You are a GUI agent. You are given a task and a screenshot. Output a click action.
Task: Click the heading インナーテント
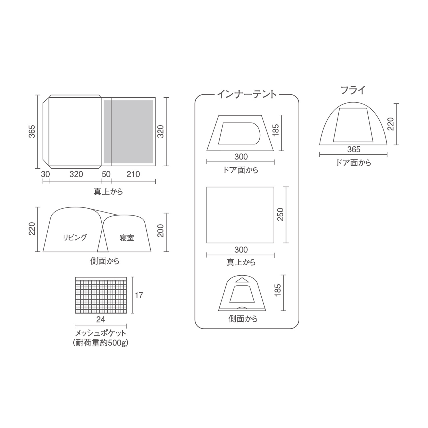tap(247, 94)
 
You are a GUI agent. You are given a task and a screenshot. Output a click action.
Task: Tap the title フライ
tap(353, 90)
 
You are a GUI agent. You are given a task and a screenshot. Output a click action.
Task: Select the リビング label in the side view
tap(74, 237)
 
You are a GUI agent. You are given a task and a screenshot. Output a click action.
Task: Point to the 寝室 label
tap(127, 238)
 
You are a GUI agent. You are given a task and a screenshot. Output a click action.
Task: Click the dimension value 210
tap(133, 174)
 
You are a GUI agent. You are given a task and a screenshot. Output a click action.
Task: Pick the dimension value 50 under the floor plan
tap(106, 174)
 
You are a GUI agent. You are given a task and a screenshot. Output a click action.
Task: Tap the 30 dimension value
tap(45, 174)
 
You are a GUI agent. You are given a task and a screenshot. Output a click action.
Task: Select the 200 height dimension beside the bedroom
tap(161, 231)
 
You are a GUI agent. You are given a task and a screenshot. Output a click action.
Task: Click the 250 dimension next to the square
tap(280, 214)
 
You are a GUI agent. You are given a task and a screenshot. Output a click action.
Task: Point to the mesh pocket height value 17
tap(139, 295)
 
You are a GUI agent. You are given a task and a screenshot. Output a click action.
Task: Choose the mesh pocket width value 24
tap(100, 320)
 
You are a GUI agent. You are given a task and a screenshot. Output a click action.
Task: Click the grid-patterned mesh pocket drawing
tap(100, 295)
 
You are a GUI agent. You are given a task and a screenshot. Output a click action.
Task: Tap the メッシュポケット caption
tap(100, 333)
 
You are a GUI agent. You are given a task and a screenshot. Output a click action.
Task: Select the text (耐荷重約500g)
tap(100, 343)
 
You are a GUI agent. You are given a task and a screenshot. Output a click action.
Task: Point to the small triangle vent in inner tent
tap(241, 280)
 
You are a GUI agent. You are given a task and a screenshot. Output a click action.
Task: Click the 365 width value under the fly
tap(354, 150)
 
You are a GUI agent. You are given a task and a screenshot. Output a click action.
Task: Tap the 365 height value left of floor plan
tap(33, 131)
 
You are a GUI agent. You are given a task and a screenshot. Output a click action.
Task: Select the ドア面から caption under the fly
tap(353, 163)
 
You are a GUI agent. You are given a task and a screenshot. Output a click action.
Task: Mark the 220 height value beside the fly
tap(391, 124)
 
